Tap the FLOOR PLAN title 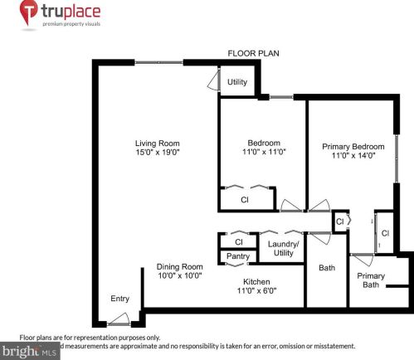[253, 53]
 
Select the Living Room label [158, 142]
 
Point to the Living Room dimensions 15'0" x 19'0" [158, 153]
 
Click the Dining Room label [180, 266]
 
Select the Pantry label [238, 257]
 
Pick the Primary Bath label [371, 280]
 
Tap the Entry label [120, 299]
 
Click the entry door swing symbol [121, 319]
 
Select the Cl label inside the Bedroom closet [245, 200]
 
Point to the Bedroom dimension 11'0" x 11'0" [263, 153]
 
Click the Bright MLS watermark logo [30, 352]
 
